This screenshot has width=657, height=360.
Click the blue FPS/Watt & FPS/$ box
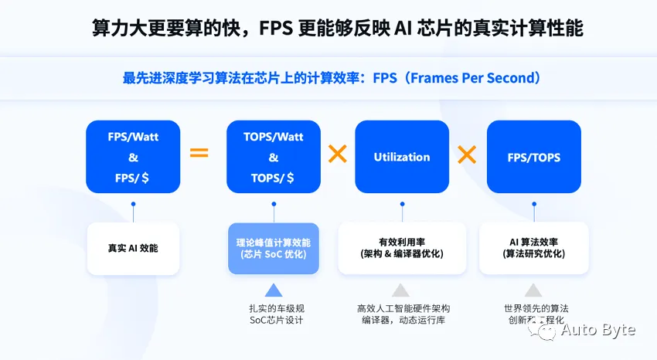click(x=133, y=156)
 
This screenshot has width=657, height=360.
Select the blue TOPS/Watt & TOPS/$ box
click(x=273, y=156)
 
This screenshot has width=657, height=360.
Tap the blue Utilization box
click(x=402, y=156)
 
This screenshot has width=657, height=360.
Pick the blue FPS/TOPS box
click(x=533, y=156)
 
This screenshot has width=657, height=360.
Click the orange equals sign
click(x=199, y=153)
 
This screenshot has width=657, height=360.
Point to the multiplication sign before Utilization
click(x=337, y=155)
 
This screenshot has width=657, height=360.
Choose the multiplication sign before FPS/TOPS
click(x=467, y=155)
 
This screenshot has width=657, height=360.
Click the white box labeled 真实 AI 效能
click(x=133, y=248)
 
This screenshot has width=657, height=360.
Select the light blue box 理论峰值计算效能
click(x=273, y=248)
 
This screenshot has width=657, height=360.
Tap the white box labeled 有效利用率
click(x=401, y=248)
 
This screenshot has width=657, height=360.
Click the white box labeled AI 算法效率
click(x=533, y=248)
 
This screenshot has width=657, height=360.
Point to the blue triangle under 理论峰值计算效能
click(x=273, y=290)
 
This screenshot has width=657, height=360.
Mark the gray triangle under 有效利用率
click(x=400, y=290)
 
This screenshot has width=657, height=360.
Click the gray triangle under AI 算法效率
click(x=533, y=290)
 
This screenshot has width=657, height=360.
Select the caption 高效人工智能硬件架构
click(x=403, y=308)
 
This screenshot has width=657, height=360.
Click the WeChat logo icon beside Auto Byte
click(x=545, y=331)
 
